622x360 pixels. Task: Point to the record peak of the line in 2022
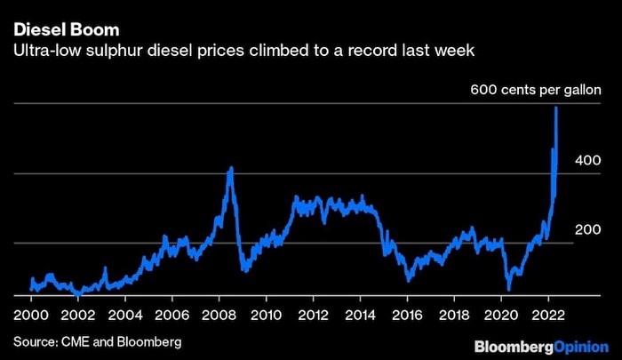coord(556,108)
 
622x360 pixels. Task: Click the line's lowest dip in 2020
coord(508,288)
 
